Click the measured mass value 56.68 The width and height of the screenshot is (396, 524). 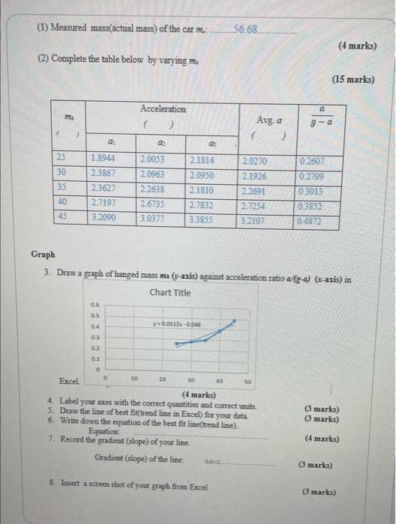click(245, 29)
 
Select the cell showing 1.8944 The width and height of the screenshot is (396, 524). click(102, 159)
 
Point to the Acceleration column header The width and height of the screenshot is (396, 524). click(163, 109)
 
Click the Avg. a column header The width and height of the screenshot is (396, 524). click(269, 120)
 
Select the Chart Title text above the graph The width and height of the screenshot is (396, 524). click(170, 292)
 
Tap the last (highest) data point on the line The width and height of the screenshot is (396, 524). click(236, 321)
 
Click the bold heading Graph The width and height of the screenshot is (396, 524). click(43, 255)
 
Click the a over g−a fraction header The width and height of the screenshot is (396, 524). click(328, 115)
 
